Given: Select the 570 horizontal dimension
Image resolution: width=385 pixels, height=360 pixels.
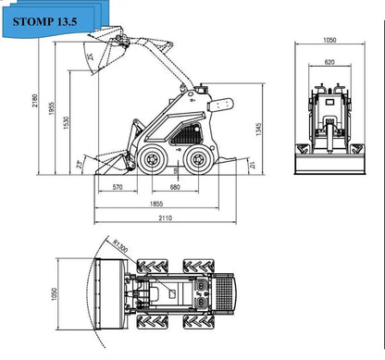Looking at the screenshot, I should pos(118,188).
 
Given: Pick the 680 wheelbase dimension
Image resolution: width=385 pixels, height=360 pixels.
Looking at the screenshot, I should pos(175,188).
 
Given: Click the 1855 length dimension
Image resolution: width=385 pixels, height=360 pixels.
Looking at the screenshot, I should pos(158,204).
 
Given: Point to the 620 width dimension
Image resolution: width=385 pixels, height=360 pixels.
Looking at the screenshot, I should pos(330,62).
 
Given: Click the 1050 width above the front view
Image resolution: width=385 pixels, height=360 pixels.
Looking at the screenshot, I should pos(330,41).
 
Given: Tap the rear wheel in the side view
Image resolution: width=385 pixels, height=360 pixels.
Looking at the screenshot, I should pos(196,160).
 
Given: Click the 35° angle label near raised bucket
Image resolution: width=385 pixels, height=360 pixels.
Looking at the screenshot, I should pos(90,58).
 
